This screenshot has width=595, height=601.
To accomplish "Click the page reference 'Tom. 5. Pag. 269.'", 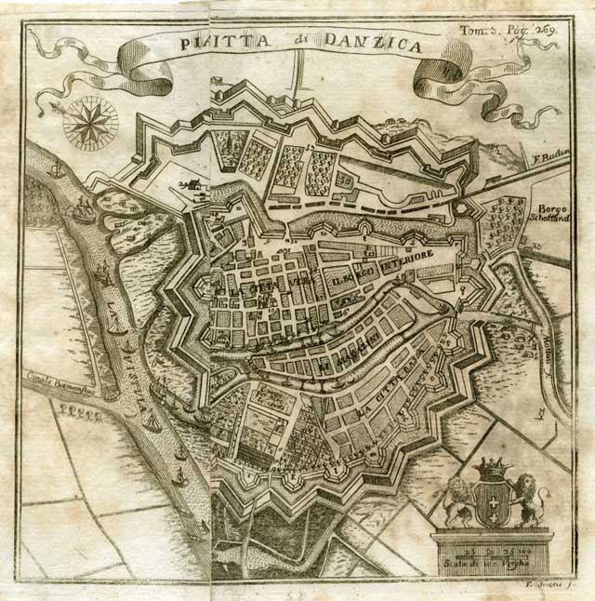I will pos(509,29).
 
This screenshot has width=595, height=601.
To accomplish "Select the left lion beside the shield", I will pos(458,501).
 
